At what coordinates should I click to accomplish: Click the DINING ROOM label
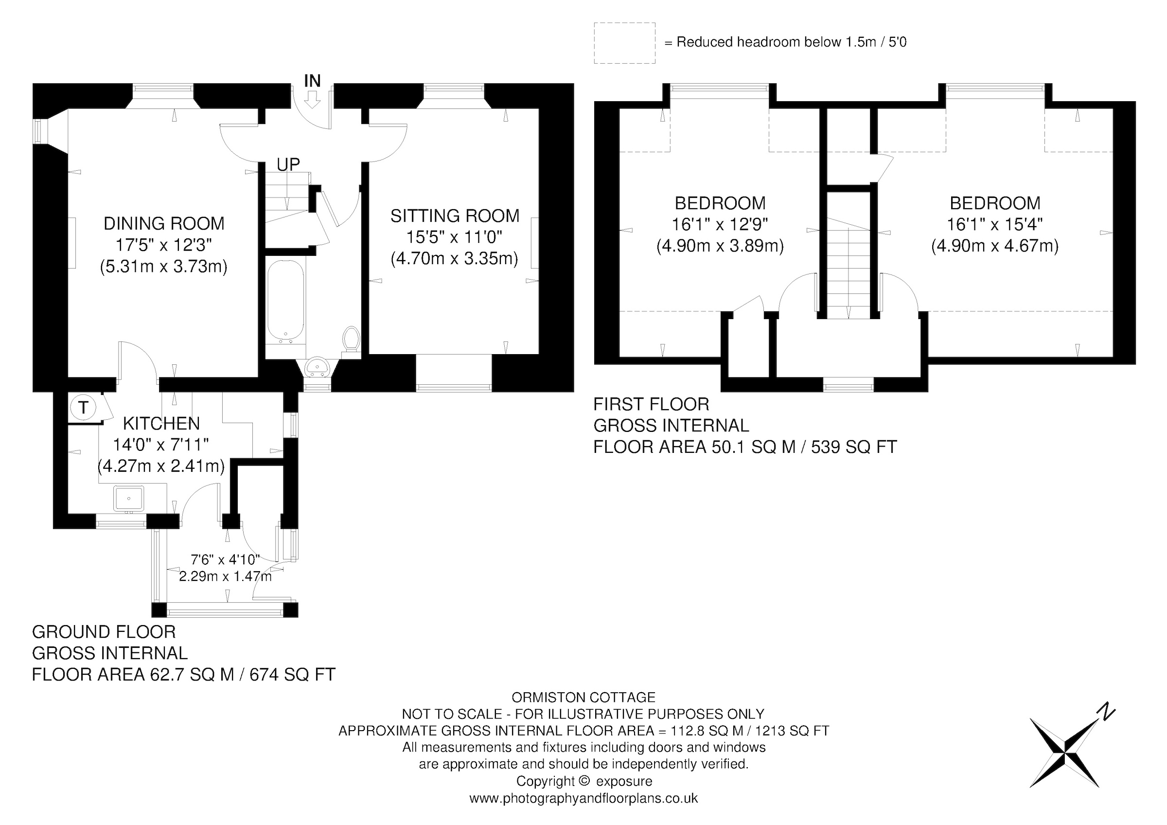[x=164, y=224]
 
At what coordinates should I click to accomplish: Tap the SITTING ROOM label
[x=455, y=216]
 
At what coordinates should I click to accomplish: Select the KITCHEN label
[x=161, y=423]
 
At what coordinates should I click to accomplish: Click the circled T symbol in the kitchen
[x=83, y=407]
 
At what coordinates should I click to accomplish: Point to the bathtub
[x=285, y=302]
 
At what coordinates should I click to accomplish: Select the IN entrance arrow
[x=313, y=99]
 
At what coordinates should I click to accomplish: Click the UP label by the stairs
[x=288, y=164]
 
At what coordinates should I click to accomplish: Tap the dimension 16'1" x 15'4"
[x=995, y=224]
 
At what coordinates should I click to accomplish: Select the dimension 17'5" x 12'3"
[x=164, y=245]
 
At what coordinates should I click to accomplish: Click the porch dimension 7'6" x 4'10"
[x=225, y=560]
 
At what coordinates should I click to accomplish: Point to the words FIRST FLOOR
[x=651, y=405]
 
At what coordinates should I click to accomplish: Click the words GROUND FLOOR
[x=104, y=632]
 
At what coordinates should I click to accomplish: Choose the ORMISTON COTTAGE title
[x=583, y=698]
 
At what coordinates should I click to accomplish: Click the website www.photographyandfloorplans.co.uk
[x=583, y=798]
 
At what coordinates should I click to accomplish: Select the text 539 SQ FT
[x=854, y=448]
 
